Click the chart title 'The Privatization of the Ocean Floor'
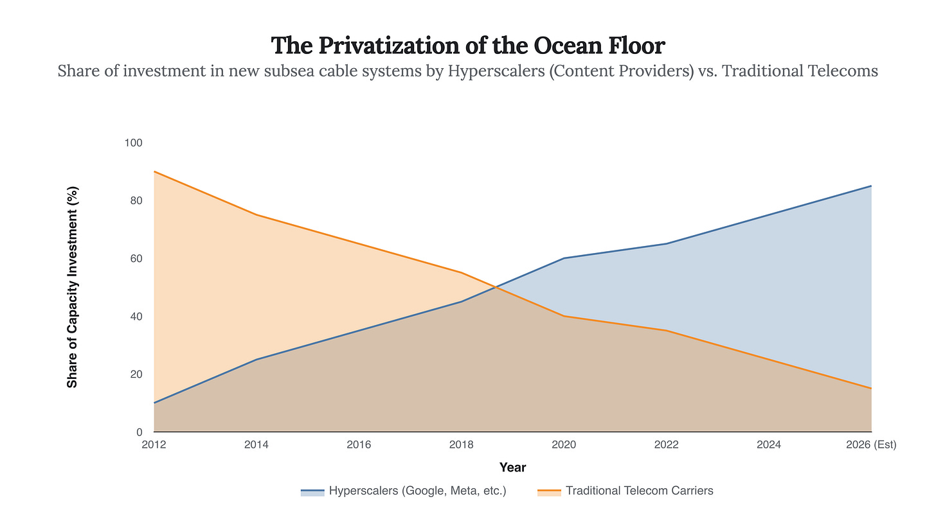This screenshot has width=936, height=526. pos(467,46)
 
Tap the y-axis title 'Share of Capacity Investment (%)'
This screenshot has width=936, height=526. pos(73,287)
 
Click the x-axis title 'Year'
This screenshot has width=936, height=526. pos(512,468)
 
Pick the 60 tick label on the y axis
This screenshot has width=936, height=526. pos(136,258)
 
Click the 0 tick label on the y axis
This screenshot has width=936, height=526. pos(139,432)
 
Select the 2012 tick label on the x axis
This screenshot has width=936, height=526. pos(154,444)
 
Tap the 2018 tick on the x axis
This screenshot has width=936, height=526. pos(462,444)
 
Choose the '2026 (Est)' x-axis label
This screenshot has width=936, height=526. pos(871,444)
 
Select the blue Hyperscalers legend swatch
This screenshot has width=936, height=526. pos(312,492)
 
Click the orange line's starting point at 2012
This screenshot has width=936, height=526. pos(154,171)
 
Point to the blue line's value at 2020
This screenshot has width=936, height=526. pos(564,258)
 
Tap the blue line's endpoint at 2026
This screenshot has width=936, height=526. pos(871,186)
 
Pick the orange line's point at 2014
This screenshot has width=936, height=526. pos(257,215)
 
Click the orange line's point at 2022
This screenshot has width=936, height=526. pos(667,331)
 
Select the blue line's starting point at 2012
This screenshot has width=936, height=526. pos(154,403)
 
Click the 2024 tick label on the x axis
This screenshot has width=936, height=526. pos(769,444)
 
